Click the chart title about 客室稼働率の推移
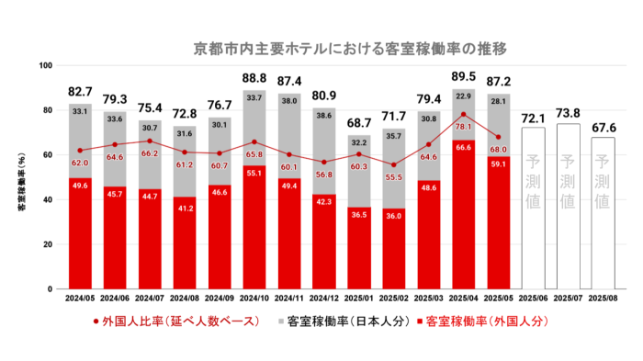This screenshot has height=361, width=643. point(350,47)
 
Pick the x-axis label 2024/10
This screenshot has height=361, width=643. point(254,299)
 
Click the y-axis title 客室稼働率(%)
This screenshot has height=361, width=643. point(20,178)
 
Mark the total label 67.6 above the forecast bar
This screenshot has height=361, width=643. point(601,127)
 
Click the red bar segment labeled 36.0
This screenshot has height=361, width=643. point(393,249)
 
